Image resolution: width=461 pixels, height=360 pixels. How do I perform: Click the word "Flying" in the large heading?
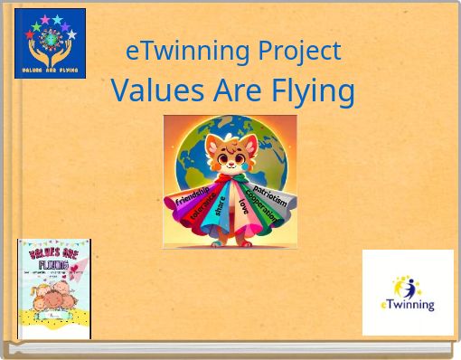[x=313, y=90]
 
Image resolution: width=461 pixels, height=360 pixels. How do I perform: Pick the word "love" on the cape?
[x=244, y=208]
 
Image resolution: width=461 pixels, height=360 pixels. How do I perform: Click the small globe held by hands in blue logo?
[x=50, y=42]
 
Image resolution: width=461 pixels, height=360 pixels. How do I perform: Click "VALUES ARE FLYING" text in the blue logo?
[x=50, y=70]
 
